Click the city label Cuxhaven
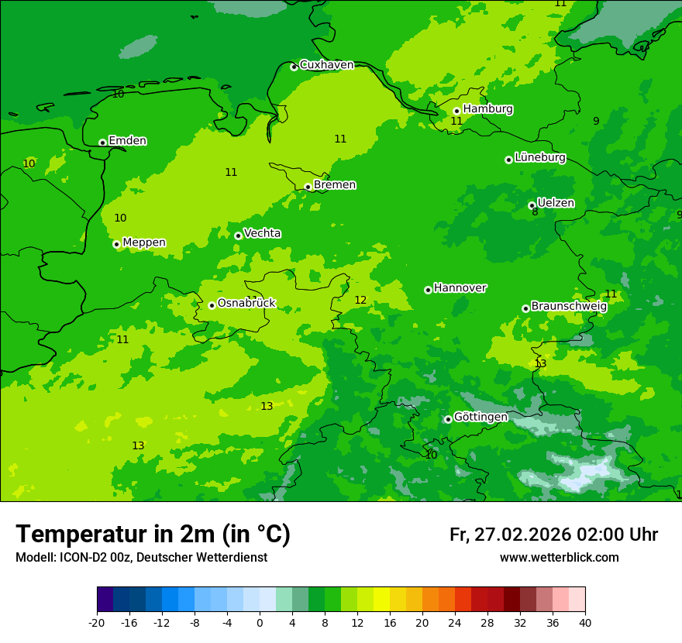click(x=326, y=65)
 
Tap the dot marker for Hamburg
click(x=456, y=111)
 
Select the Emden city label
click(x=127, y=141)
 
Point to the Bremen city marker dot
click(x=308, y=187)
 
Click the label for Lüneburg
click(x=540, y=157)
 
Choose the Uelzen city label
click(x=556, y=203)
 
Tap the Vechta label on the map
click(x=262, y=233)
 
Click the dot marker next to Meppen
click(x=116, y=244)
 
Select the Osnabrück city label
click(x=246, y=303)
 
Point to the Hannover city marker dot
click(x=428, y=290)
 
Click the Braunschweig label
click(x=569, y=306)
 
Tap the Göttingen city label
click(x=480, y=417)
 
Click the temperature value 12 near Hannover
click(x=360, y=301)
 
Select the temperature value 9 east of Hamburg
click(x=596, y=121)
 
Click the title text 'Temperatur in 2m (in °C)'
click(x=153, y=534)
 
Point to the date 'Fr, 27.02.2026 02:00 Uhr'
click(x=553, y=535)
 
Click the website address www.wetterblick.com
click(x=559, y=558)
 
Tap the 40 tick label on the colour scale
click(x=584, y=623)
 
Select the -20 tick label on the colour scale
click(x=97, y=623)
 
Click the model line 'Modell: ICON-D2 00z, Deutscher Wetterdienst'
click(x=141, y=558)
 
